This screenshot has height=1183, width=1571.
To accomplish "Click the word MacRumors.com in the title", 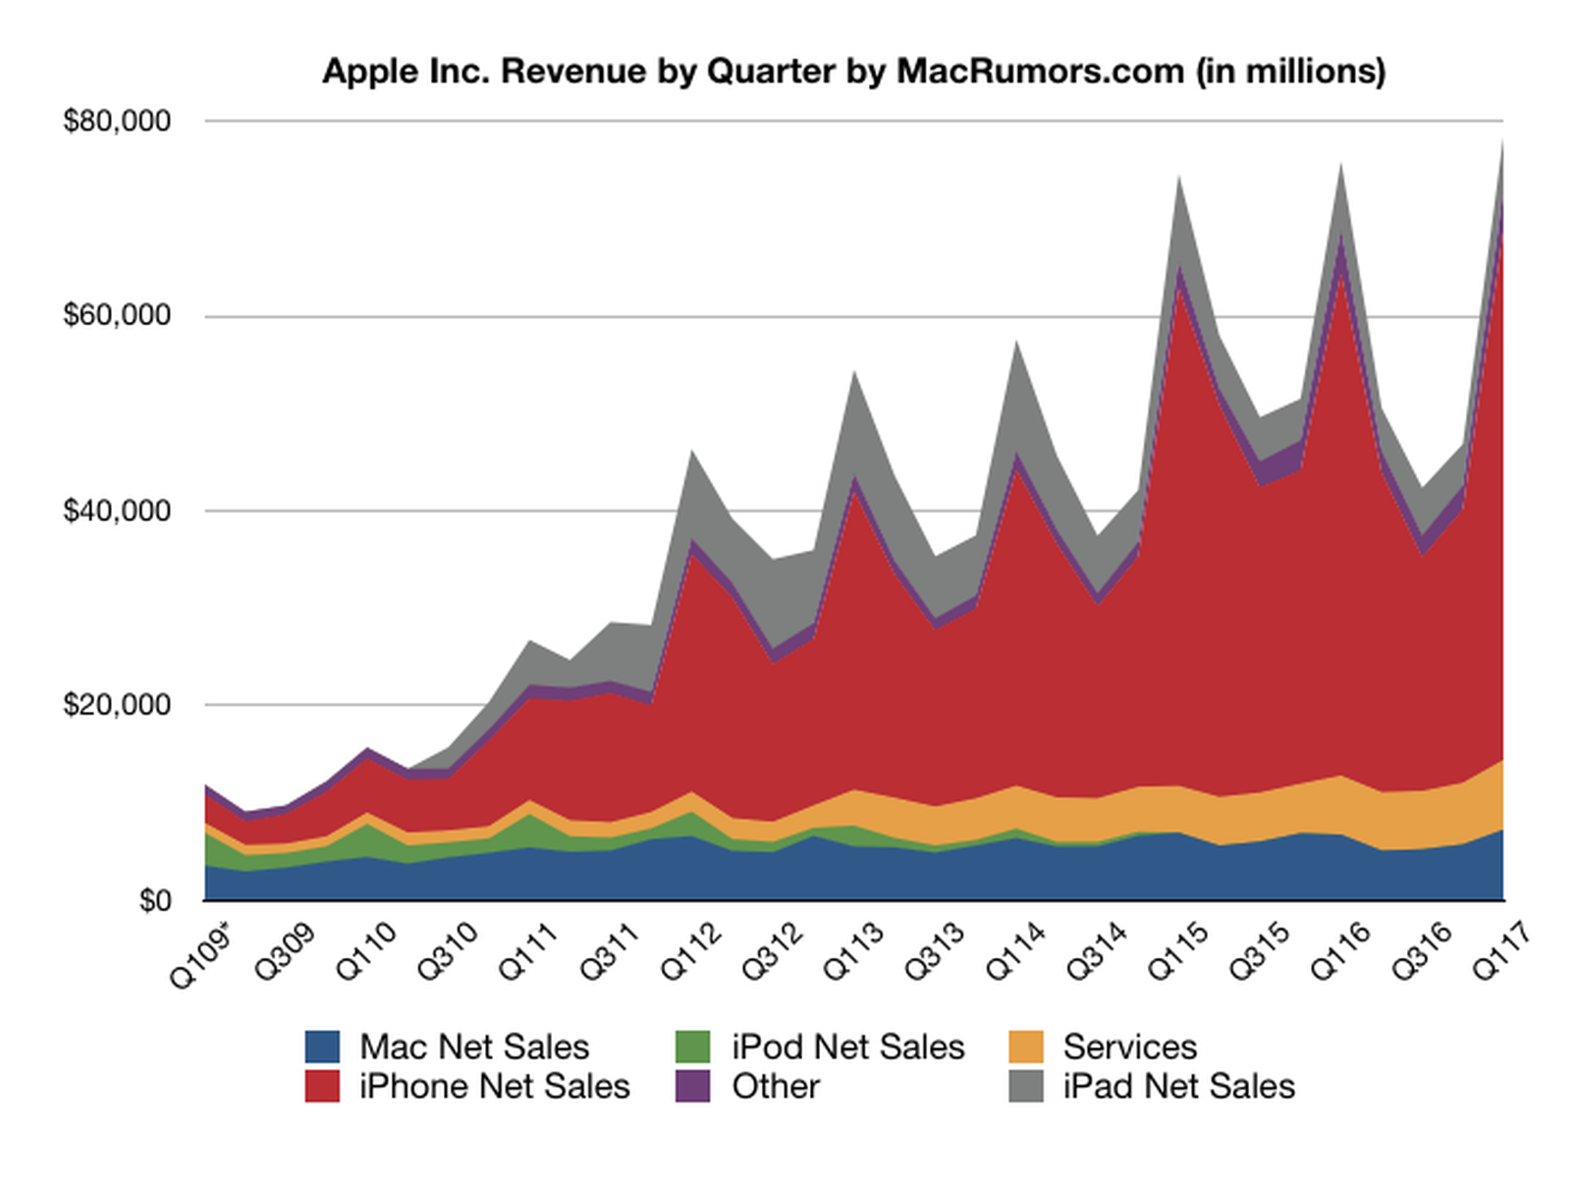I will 1040,71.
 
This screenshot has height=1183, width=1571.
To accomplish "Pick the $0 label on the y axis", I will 155,900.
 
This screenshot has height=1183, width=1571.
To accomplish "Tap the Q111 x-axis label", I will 528,950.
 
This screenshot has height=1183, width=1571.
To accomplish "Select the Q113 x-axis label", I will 853,950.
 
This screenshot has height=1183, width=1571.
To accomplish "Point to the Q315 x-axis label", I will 1260,950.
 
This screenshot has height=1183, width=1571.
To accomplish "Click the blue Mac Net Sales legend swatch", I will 322,1047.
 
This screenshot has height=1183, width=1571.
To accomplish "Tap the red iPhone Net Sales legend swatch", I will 322,1086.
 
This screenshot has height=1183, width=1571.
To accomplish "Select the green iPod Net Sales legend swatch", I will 693,1047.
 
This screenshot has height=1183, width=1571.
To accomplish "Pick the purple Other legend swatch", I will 693,1086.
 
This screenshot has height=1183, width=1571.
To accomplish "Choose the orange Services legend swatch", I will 1026,1047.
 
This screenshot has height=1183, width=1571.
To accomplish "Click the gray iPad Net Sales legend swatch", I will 1026,1086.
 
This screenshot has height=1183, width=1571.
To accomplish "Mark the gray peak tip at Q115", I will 1178,177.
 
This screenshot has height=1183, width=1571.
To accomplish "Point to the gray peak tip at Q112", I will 692,451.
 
